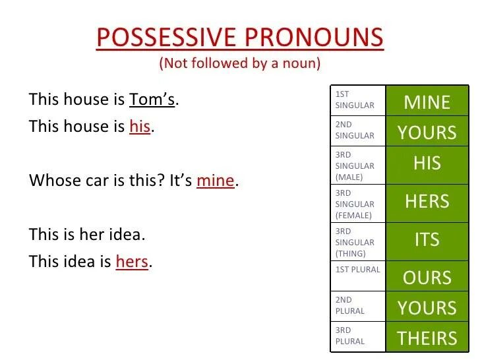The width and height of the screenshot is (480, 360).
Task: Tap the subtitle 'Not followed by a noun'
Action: (239, 64)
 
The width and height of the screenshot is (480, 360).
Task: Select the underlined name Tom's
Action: (154, 100)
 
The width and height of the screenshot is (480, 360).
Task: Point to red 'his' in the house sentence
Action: (140, 126)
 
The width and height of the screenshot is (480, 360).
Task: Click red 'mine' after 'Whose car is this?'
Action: (216, 180)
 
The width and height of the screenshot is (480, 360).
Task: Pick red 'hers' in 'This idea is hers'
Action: (132, 261)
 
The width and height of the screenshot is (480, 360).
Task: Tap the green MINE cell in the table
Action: (427, 102)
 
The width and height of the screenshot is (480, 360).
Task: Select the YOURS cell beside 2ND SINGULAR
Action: (427, 133)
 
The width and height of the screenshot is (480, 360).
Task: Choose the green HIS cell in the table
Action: (427, 164)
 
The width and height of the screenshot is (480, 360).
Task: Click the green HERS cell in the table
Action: (427, 202)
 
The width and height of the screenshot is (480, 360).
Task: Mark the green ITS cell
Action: (427, 240)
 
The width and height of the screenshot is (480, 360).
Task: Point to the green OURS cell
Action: (427, 277)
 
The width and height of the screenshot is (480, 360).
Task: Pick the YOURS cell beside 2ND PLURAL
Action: (427, 308)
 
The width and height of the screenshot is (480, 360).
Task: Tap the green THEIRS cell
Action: (427, 338)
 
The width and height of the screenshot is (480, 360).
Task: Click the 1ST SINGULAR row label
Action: (355, 100)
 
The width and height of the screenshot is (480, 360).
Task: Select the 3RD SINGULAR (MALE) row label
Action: (355, 165)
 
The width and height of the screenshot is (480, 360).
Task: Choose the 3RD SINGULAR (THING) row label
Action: (355, 242)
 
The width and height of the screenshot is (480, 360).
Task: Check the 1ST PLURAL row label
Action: (357, 270)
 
